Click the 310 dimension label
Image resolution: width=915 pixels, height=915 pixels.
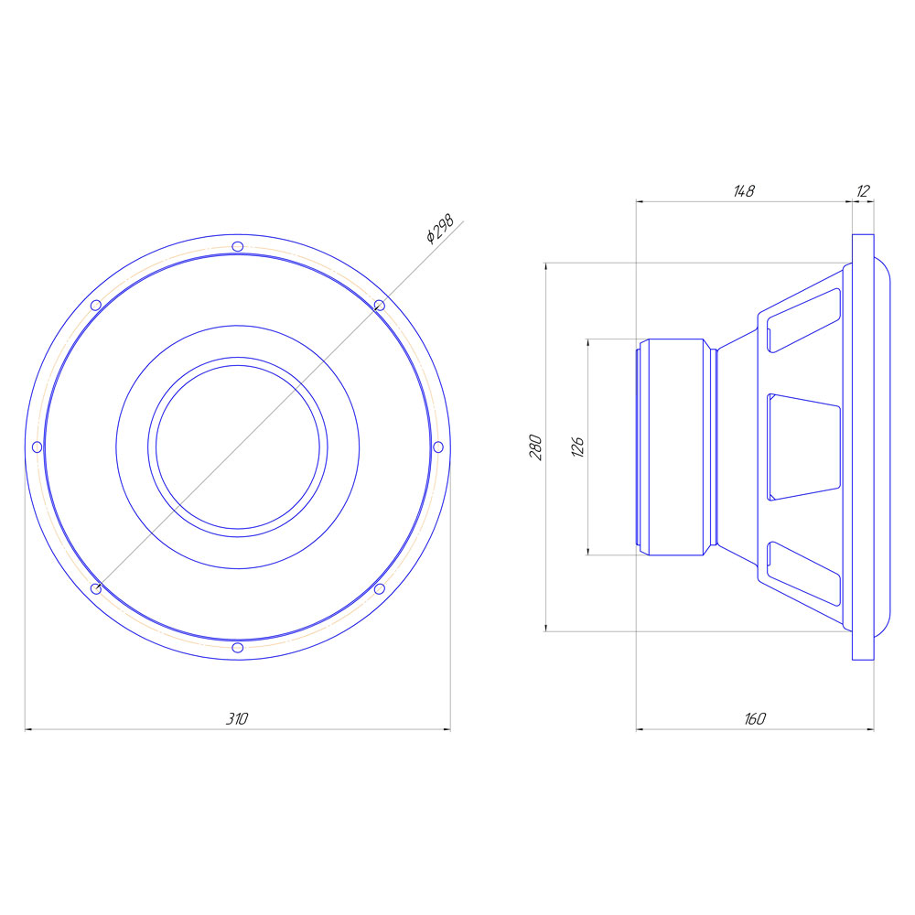coord(237,718)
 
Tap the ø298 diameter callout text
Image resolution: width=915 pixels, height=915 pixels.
coord(440,229)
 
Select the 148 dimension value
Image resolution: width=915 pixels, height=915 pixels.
coord(744,191)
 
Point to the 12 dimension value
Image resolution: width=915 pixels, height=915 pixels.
coord(863,191)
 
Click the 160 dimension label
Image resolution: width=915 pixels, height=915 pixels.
coord(755,718)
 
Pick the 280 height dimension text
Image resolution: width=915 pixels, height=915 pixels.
coord(535,447)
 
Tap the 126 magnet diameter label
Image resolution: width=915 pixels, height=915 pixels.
coord(577,447)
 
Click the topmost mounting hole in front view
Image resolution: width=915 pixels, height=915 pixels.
coord(238,246)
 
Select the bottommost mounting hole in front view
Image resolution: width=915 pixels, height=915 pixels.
coord(238,648)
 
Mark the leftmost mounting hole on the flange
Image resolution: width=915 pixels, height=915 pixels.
coord(37,447)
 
